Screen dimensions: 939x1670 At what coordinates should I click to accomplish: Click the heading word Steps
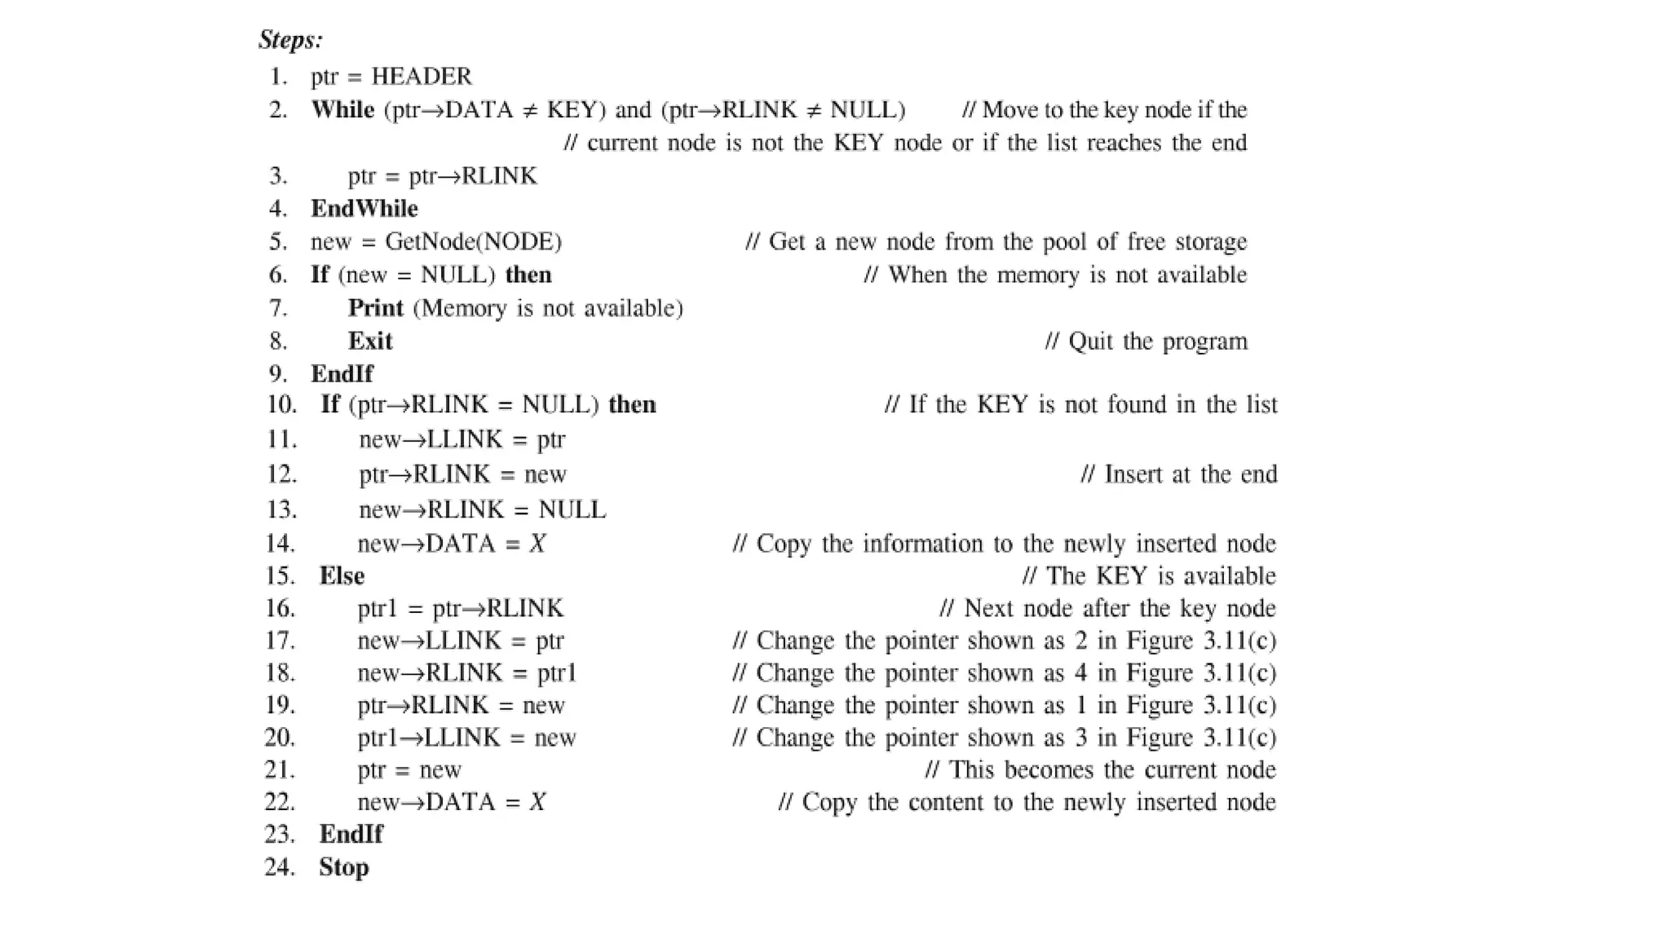(290, 39)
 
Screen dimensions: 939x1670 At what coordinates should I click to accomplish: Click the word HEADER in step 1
(421, 77)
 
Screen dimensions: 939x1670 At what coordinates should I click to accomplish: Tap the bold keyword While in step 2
(342, 110)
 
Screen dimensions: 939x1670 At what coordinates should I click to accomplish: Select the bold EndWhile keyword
(364, 209)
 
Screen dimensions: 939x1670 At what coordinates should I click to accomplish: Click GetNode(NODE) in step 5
(473, 242)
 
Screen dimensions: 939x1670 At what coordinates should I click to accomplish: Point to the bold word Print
(375, 308)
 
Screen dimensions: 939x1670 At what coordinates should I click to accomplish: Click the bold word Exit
(370, 341)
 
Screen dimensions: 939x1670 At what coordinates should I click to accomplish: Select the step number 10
(281, 405)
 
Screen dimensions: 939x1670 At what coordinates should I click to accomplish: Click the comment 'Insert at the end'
(1178, 474)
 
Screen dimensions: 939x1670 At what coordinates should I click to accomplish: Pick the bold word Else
(342, 576)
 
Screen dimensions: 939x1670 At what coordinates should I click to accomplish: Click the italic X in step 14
(537, 544)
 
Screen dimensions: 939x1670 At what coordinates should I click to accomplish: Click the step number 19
(280, 705)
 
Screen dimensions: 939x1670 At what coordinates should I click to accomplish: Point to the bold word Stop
(343, 867)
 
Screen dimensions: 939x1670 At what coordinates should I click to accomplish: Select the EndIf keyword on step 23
(351, 835)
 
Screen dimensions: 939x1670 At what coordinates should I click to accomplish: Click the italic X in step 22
(537, 802)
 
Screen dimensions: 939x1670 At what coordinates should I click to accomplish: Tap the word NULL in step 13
(572, 510)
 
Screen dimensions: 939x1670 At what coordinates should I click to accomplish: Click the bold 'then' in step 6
(528, 275)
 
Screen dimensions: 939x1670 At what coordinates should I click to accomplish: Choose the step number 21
(280, 770)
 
